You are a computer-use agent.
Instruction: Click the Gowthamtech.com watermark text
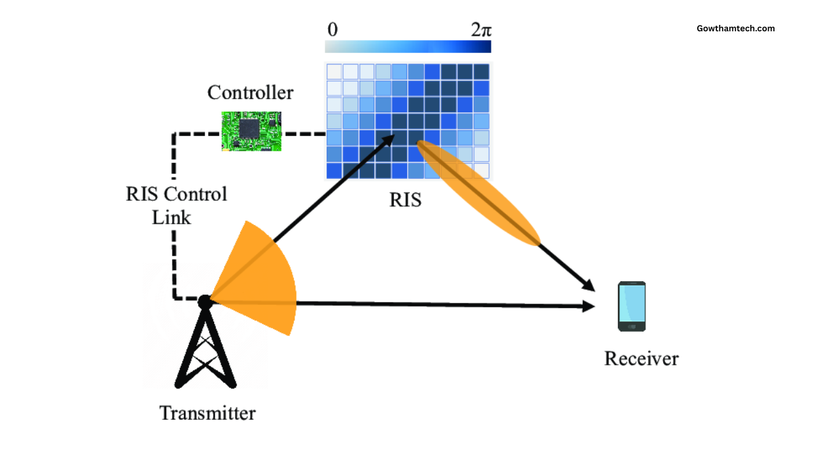(x=736, y=28)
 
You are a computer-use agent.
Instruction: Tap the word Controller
(x=250, y=93)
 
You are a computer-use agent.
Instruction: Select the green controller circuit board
(x=251, y=131)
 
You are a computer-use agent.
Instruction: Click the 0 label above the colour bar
(x=332, y=30)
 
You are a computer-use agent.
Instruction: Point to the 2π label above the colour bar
(x=481, y=30)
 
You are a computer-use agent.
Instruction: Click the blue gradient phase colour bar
(x=408, y=47)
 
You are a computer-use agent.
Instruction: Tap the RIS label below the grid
(x=406, y=200)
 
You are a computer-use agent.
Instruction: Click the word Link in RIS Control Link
(x=171, y=217)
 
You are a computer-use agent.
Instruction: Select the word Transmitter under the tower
(x=207, y=413)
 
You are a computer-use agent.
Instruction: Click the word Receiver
(x=641, y=358)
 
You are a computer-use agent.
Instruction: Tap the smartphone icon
(x=631, y=307)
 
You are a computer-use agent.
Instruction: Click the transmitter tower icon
(x=206, y=348)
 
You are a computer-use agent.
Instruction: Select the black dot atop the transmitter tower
(x=204, y=302)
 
